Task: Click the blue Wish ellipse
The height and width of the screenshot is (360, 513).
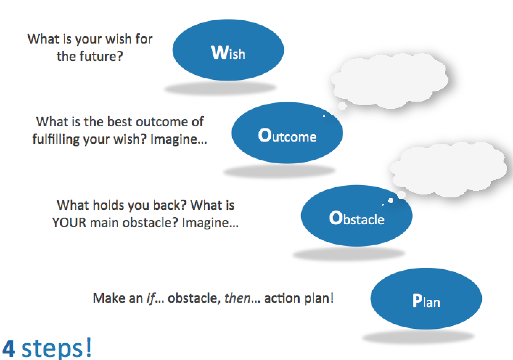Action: click(x=228, y=50)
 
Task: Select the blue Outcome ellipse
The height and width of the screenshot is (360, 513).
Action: click(x=287, y=133)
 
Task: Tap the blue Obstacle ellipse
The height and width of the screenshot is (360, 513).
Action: click(x=357, y=216)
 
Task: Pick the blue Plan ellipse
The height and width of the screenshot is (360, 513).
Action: click(x=426, y=299)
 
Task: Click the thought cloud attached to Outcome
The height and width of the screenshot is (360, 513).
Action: click(x=389, y=80)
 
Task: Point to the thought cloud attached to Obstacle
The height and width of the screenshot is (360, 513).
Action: click(x=448, y=169)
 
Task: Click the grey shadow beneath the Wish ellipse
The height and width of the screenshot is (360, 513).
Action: click(x=220, y=88)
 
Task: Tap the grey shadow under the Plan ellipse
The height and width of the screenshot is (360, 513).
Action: click(x=418, y=337)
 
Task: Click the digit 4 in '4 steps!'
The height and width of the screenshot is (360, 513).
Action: click(x=9, y=349)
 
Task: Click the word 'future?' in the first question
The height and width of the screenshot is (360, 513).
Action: click(x=102, y=56)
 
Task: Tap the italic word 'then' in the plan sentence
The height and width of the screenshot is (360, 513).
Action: click(x=237, y=298)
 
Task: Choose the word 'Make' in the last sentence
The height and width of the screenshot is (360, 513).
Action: click(x=107, y=298)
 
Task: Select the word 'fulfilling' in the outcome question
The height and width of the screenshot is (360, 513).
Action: click(x=56, y=139)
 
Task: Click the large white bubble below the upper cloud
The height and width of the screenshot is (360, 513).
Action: click(x=342, y=106)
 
